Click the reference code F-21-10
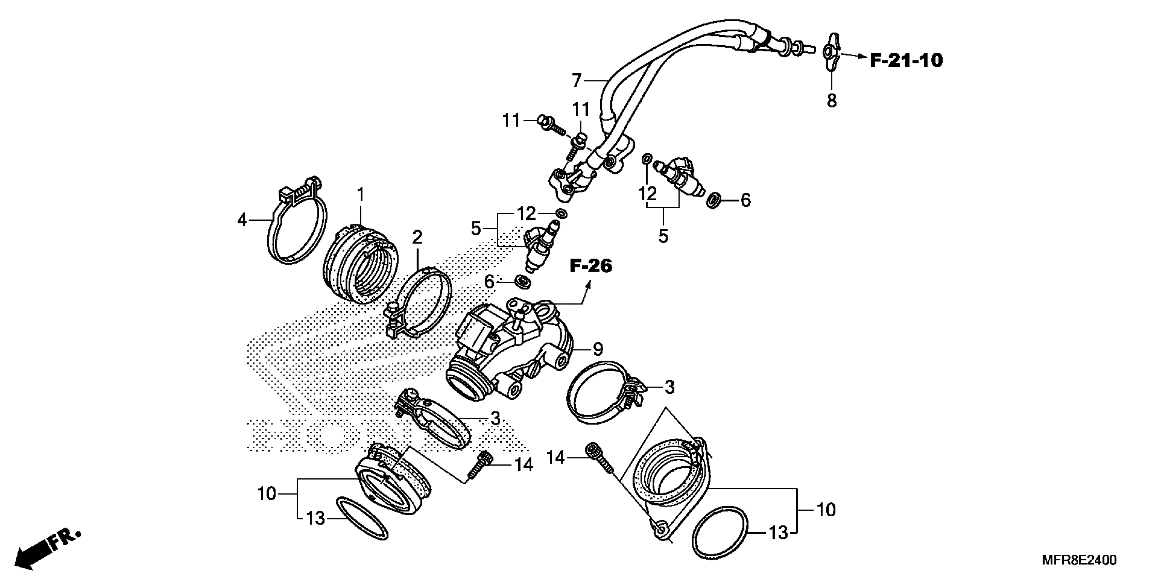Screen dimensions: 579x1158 [x=906, y=60]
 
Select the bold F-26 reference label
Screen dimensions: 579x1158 [x=591, y=266]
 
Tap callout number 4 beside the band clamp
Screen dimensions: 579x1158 [x=242, y=220]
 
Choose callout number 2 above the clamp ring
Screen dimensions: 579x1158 [x=417, y=237]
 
